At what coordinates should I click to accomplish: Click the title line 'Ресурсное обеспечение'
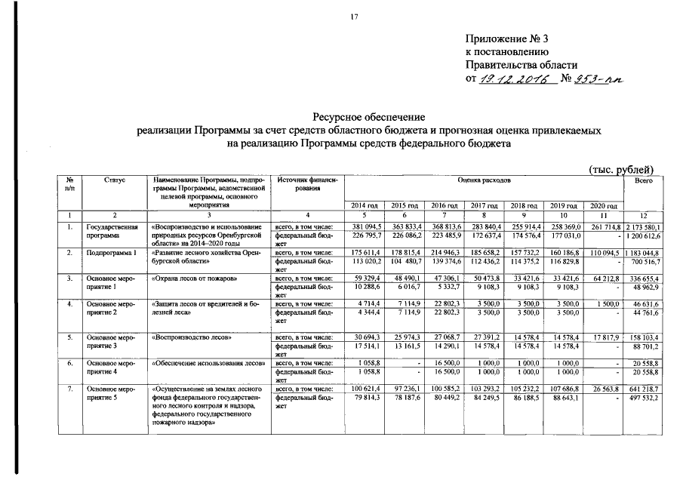(x=369, y=117)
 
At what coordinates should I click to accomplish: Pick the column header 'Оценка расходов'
(x=484, y=181)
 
